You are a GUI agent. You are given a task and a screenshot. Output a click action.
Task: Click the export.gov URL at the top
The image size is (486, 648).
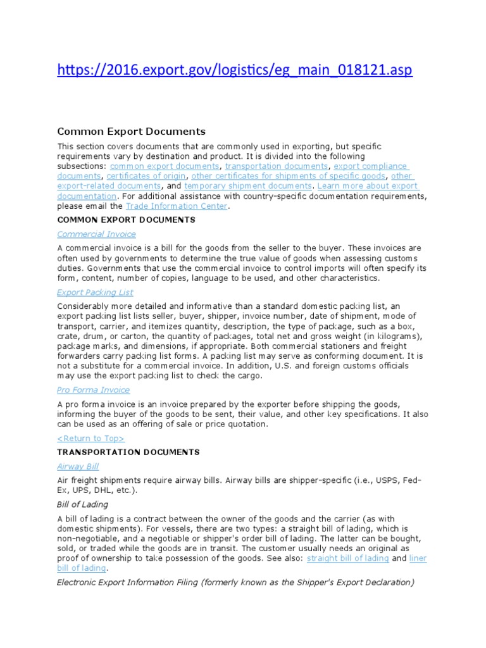235,70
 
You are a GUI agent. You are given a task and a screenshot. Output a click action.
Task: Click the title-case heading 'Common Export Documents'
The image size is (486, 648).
131,132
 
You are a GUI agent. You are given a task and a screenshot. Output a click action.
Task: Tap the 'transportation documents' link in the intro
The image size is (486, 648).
276,166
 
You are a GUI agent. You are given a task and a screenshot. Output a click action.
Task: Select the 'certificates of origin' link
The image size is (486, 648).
146,176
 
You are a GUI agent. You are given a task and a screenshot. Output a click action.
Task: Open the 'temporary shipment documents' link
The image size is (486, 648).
248,186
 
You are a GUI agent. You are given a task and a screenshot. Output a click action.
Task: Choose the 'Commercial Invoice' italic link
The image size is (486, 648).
96,234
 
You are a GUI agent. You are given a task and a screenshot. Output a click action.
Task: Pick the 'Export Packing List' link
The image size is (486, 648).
95,292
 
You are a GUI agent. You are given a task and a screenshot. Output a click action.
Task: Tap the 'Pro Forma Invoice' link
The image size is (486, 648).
93,390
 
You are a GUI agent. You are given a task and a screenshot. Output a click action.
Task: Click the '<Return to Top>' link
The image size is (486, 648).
91,438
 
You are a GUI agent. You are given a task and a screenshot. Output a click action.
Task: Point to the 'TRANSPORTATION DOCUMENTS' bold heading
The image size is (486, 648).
128,452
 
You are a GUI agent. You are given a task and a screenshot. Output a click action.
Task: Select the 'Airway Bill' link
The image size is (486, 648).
78,466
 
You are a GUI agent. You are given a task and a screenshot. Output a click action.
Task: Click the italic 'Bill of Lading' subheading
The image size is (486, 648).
83,504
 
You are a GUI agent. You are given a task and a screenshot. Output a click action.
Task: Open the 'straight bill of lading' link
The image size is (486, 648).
348,559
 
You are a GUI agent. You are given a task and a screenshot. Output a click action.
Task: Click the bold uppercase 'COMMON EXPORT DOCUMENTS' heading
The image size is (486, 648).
126,220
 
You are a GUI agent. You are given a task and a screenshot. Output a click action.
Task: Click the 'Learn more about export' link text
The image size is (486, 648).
368,186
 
